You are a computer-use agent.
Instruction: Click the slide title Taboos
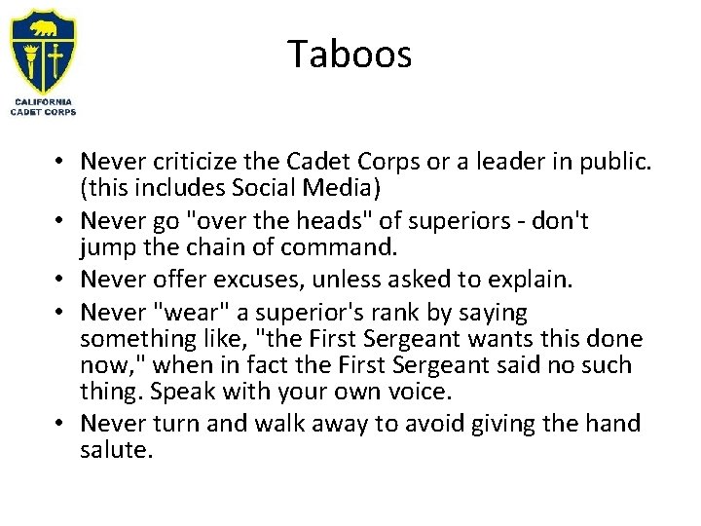point(350,55)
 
